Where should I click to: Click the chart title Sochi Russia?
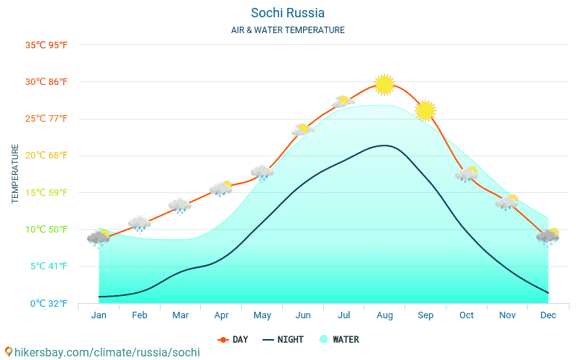[x=287, y=13]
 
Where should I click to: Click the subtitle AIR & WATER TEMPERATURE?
[x=287, y=30]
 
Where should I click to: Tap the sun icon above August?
[x=384, y=84]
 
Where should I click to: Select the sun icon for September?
[x=426, y=110]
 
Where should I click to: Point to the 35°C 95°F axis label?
[x=46, y=45]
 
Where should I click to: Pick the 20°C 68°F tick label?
[x=46, y=156]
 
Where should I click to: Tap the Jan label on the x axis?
[x=99, y=315]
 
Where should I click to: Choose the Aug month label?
[x=384, y=315]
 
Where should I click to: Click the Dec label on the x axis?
[x=548, y=315]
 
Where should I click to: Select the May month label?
[x=262, y=315]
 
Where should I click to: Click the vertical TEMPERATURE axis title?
[x=15, y=174]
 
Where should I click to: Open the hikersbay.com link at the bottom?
[x=102, y=352]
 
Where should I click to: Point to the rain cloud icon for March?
[x=180, y=206]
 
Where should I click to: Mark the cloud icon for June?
[x=302, y=130]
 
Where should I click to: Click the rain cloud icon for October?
[x=467, y=174]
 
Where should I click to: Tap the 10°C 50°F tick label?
[x=46, y=230]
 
